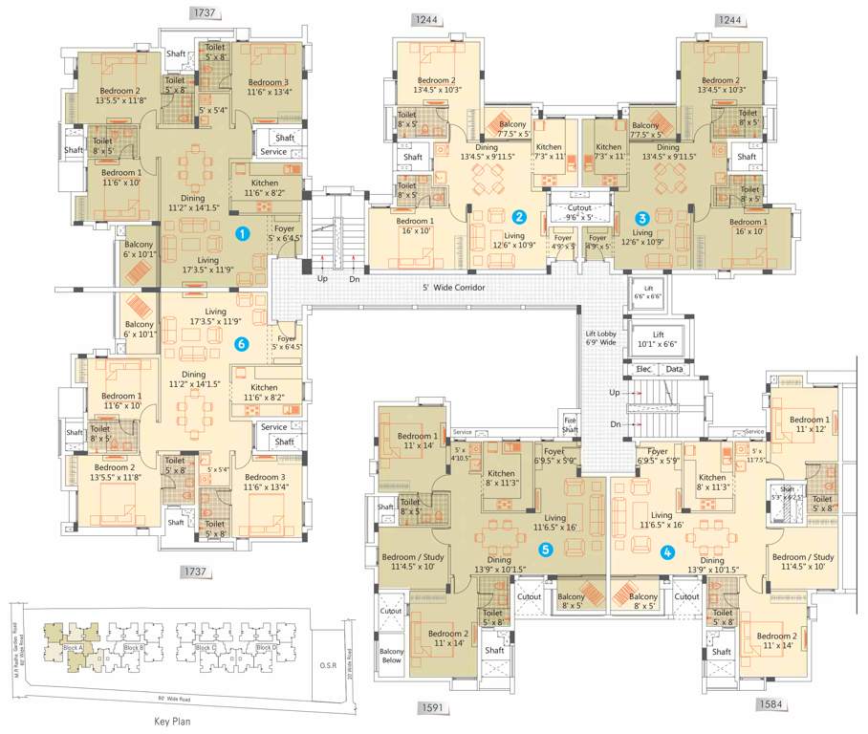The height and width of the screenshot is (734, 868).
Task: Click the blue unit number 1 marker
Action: click(244, 232)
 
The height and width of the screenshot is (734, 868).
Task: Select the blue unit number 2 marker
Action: click(519, 217)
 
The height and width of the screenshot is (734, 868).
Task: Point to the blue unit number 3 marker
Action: click(642, 217)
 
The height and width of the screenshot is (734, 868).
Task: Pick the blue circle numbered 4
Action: click(667, 550)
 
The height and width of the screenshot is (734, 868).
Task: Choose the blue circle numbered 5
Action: click(546, 550)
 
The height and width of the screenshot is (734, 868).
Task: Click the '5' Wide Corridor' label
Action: click(455, 288)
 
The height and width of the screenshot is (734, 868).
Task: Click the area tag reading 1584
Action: click(772, 704)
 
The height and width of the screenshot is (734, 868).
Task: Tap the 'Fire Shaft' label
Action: click(571, 424)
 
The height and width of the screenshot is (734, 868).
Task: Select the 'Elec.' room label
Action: click(644, 368)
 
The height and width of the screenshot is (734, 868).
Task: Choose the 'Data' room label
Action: click(675, 368)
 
